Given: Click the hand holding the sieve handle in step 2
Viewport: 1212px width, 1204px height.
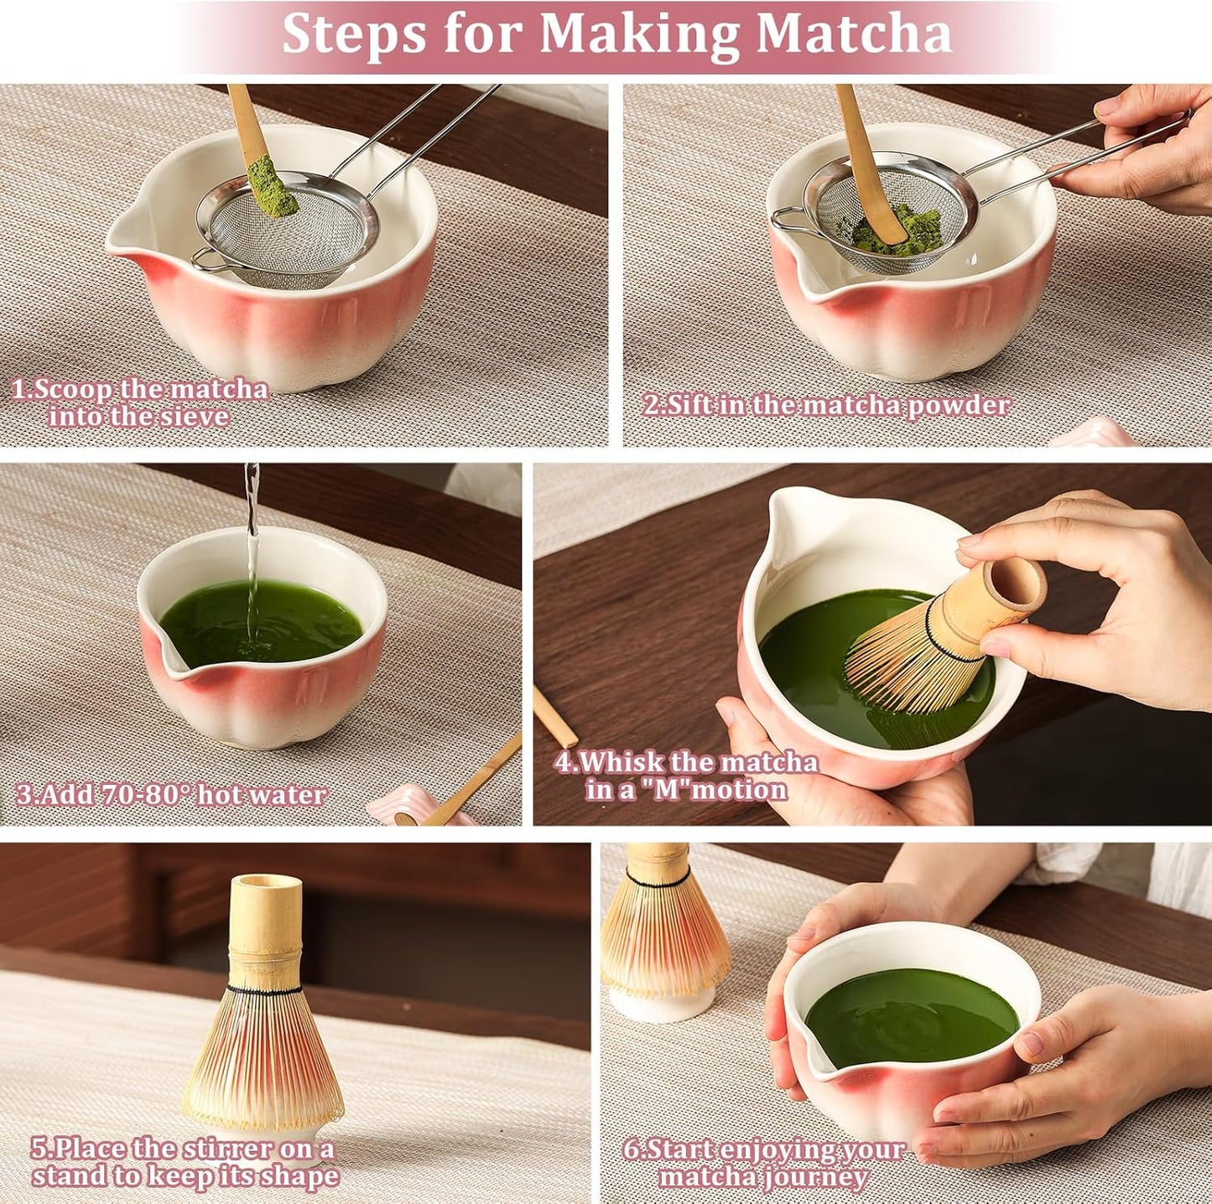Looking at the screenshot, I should pos(1149,151).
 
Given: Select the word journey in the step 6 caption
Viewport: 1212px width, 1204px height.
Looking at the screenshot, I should pos(814,1177).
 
